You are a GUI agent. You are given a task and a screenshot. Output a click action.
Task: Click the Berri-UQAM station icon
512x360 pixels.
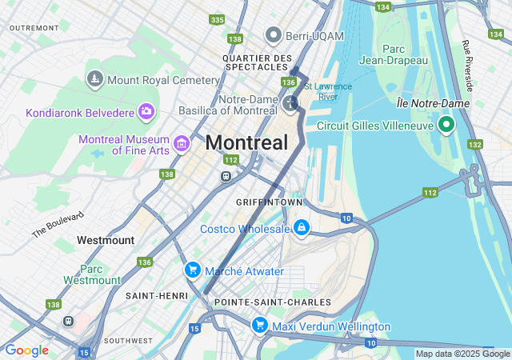pyautogui.click(x=274, y=35)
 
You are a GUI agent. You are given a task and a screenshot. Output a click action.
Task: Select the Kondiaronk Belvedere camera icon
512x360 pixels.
pyautogui.click(x=146, y=111)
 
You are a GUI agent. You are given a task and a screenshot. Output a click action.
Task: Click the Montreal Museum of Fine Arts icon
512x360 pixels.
pyautogui.click(x=182, y=144)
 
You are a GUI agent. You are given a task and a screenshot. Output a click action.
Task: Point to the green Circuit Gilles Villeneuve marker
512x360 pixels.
pyautogui.click(x=446, y=125)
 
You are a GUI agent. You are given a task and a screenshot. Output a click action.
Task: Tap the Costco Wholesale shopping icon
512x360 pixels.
pyautogui.click(x=301, y=229)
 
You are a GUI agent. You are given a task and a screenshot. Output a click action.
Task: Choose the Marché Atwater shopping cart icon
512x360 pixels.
pyautogui.click(x=192, y=270)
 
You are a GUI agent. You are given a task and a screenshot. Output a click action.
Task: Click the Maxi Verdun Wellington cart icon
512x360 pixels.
pyautogui.click(x=259, y=326)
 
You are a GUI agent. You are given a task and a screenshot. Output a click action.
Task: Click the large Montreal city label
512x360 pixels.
pyautogui.click(x=246, y=143)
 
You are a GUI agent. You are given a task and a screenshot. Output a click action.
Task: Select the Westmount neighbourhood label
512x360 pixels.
pyautogui.click(x=106, y=240)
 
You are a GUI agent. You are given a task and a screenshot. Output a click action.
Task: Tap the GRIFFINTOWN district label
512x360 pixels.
pyautogui.click(x=267, y=202)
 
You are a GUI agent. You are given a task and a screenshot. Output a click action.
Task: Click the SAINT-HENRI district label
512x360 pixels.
pyautogui.click(x=150, y=295)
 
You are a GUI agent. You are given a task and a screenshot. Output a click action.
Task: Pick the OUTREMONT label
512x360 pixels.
pyautogui.click(x=34, y=27)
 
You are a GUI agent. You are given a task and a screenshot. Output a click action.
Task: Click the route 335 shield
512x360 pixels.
pyautogui.click(x=217, y=19)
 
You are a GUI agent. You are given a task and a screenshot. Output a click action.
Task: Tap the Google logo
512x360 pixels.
pyautogui.click(x=27, y=350)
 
